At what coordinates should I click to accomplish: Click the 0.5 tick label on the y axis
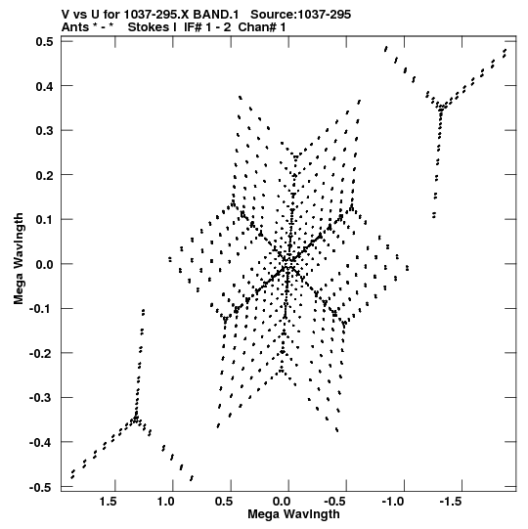45,42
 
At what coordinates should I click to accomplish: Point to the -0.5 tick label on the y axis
41,488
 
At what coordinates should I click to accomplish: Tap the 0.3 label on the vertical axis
45,131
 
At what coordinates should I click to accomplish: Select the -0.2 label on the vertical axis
41,354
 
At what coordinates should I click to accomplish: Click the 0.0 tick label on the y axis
45,264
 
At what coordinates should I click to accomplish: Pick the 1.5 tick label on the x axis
108,502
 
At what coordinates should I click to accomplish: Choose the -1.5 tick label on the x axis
451,502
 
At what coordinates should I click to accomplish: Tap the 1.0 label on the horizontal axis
165,502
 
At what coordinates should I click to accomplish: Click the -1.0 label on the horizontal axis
393,502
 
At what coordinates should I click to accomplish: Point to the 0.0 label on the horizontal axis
282,502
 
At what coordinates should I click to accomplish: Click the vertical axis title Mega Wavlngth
19,259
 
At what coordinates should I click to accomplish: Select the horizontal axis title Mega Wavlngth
293,514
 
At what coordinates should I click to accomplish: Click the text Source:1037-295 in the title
300,15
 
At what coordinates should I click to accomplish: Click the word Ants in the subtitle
75,27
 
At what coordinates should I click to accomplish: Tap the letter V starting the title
66,15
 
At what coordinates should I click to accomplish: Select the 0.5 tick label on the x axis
224,502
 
